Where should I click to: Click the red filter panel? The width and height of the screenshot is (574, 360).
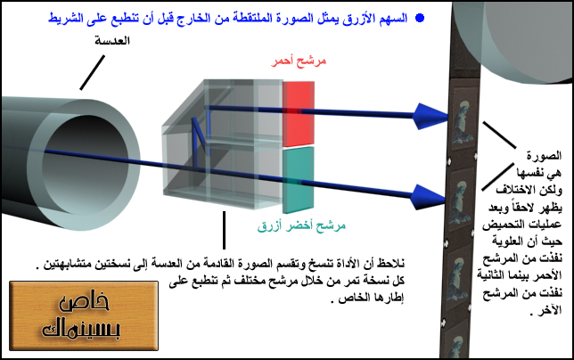click(x=299, y=114)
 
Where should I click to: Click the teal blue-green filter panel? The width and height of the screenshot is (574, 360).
click(x=299, y=180)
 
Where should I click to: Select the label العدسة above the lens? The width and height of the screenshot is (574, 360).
click(x=112, y=41)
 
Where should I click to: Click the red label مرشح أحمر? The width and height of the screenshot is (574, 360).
click(x=299, y=61)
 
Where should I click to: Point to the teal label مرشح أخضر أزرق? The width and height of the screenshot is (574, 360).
click(x=301, y=226)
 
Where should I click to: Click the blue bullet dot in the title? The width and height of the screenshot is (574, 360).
click(x=420, y=18)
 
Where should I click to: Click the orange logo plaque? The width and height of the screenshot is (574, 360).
click(x=84, y=315)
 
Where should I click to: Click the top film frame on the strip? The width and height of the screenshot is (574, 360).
click(x=464, y=119)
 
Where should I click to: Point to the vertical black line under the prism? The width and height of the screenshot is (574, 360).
click(x=224, y=230)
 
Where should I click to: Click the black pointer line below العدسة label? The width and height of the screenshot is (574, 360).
click(x=93, y=72)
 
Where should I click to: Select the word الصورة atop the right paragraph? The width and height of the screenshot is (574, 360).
click(x=544, y=156)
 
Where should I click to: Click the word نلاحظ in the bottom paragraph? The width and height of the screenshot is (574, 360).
click(x=391, y=263)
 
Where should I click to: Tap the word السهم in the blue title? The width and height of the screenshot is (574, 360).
click(x=394, y=18)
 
